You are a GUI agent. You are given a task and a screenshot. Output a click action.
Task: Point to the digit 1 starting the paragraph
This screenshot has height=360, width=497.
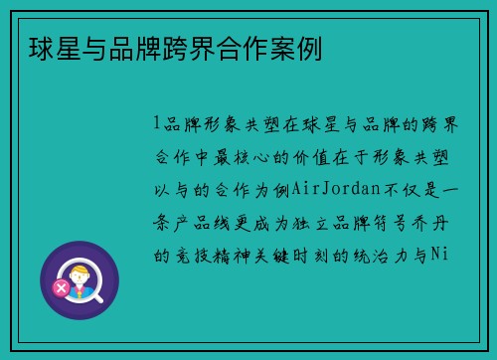(x=157, y=123)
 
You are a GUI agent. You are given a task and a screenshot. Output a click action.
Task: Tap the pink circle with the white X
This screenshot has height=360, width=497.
(x=62, y=288)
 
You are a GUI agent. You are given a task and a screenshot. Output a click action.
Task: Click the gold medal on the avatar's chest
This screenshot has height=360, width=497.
(x=82, y=293)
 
